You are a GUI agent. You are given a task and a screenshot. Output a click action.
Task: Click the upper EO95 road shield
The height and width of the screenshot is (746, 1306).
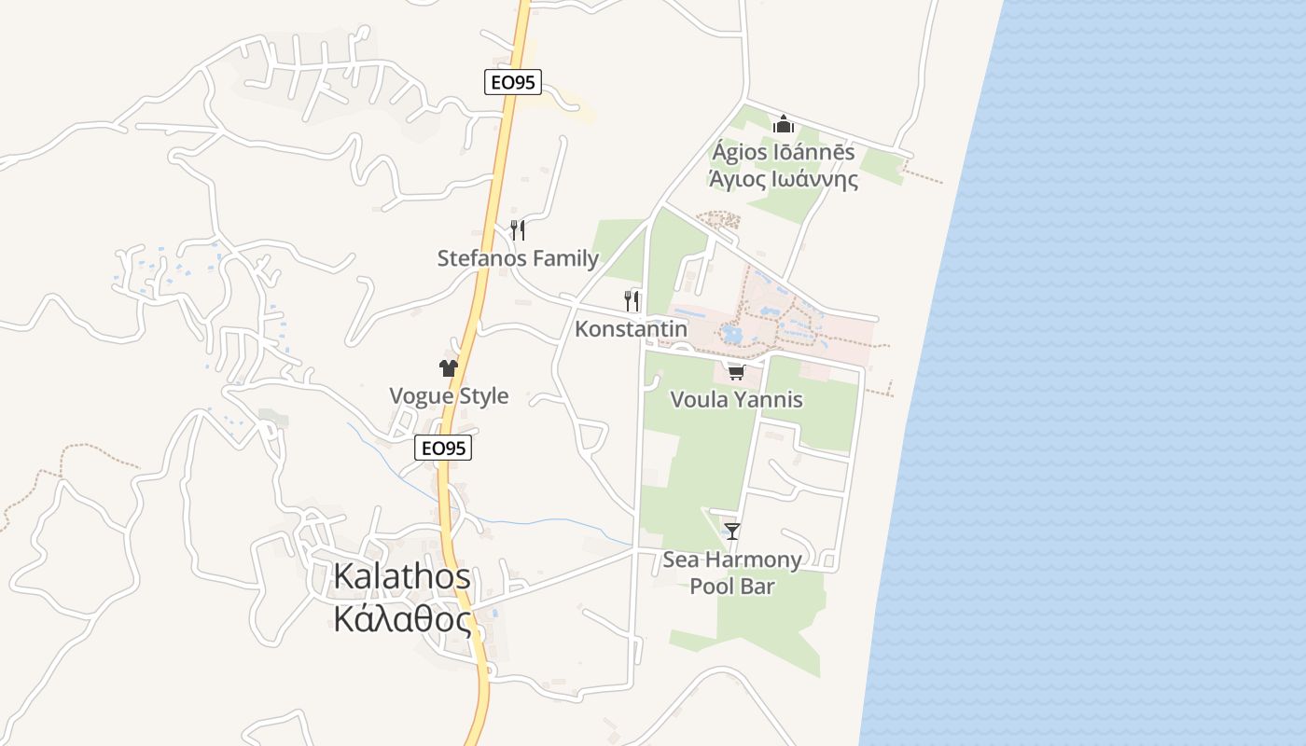[513, 82]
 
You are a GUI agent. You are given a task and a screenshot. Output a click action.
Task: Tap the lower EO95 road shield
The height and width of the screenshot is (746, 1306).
[443, 449]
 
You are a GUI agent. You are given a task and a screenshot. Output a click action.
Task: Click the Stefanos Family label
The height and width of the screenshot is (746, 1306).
[518, 258]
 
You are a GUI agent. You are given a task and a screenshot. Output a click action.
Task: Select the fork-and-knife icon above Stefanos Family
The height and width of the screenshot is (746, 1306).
[518, 229]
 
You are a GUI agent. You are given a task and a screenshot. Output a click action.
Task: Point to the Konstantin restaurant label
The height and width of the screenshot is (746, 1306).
[631, 329]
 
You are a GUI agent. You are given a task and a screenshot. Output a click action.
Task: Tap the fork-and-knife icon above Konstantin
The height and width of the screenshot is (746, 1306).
[632, 300]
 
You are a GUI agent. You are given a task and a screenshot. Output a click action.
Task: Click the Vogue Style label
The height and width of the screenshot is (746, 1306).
[449, 395]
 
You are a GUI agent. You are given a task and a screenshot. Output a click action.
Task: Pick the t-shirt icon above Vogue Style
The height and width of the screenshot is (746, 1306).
[449, 368]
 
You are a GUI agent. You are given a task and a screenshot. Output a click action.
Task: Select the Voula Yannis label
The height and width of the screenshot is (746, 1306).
[736, 400]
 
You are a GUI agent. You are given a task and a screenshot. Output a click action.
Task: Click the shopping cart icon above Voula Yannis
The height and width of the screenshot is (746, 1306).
[736, 373]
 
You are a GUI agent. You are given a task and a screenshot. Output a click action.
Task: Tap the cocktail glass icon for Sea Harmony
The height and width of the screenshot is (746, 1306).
[732, 532]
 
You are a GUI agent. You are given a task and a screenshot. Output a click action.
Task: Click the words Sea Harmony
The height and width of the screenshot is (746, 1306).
[732, 559]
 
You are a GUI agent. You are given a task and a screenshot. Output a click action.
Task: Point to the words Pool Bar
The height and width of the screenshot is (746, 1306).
[732, 587]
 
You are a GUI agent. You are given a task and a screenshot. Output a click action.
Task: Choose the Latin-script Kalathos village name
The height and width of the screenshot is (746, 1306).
[402, 577]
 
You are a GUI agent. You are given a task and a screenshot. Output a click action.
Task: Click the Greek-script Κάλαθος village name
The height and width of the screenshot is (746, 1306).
[402, 618]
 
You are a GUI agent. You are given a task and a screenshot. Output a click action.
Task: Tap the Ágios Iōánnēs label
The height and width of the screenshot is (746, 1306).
[783, 152]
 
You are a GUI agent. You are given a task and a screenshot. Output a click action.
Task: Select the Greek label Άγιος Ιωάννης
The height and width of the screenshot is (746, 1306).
[783, 179]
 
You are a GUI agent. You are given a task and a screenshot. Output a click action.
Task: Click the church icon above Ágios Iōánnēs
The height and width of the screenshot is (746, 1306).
[783, 124]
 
